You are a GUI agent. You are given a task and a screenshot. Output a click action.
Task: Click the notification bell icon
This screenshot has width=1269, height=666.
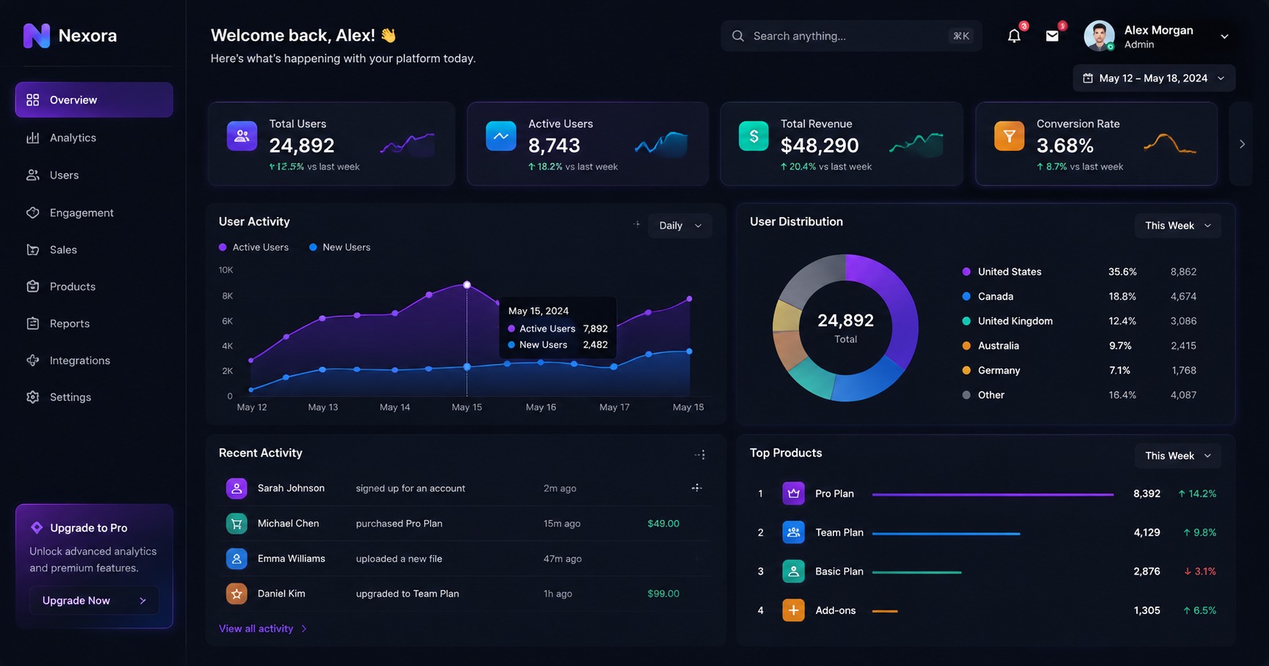click(x=1014, y=36)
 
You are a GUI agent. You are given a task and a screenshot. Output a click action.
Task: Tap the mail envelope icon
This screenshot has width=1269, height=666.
click(x=1052, y=36)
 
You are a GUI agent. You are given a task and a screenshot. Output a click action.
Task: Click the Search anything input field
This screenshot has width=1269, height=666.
click(x=851, y=36)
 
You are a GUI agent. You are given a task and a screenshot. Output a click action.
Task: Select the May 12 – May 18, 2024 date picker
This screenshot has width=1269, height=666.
click(x=1154, y=78)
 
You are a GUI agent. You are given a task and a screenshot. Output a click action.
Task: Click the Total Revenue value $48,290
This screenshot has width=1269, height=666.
click(x=820, y=146)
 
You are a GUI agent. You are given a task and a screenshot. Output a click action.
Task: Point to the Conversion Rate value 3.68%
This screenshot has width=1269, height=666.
click(x=1065, y=146)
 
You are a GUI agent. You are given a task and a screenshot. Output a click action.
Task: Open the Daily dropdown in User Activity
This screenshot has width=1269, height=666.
click(x=680, y=226)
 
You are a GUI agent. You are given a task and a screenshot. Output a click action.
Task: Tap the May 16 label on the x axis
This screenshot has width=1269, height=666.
click(x=541, y=407)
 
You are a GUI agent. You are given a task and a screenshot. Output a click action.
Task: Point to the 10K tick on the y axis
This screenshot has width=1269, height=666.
click(x=226, y=270)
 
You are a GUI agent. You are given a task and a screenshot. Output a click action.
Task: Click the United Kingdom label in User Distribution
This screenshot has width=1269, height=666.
click(x=1015, y=321)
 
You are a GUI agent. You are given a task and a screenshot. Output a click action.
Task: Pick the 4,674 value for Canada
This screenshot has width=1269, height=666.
click(x=1183, y=297)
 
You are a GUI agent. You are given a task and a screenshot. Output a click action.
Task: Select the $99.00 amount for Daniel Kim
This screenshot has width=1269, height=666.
click(x=663, y=593)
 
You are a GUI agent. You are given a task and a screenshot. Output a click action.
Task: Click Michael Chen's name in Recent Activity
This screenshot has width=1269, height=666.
click(x=288, y=523)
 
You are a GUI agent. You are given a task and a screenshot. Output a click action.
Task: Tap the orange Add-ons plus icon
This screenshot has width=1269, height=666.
click(x=793, y=610)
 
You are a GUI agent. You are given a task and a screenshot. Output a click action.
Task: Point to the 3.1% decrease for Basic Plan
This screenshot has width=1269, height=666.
click(x=1200, y=571)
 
